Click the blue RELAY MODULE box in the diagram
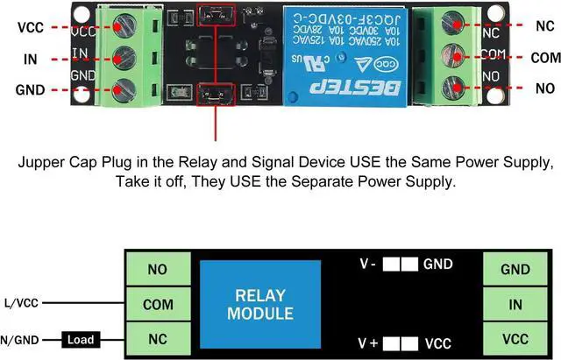tap(259, 303)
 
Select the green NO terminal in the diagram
tap(158, 269)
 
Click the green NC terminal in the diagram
tap(158, 337)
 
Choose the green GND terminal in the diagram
tap(514, 269)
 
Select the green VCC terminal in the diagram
tap(514, 337)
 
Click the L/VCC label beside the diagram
tap(19, 303)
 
